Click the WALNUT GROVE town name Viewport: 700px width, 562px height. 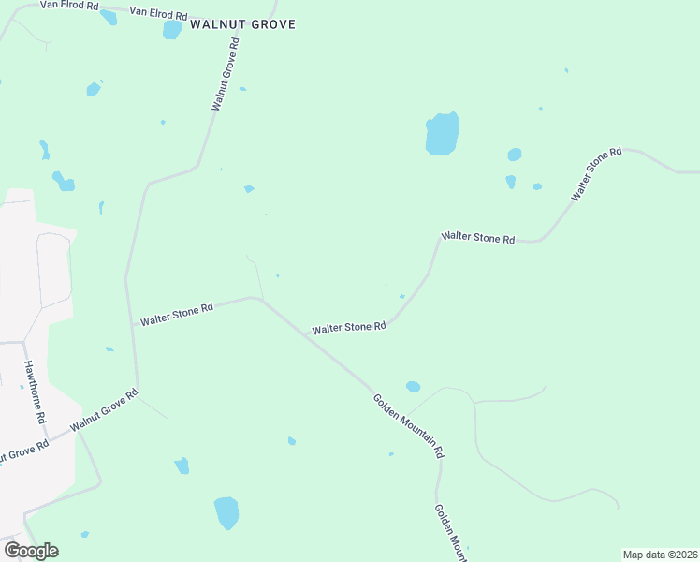coord(242,24)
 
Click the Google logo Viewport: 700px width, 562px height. coord(31,551)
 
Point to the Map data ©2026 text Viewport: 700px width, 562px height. coord(661,555)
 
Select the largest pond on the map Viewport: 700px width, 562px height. coord(443,134)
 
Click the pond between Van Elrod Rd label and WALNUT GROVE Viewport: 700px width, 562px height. coord(172,29)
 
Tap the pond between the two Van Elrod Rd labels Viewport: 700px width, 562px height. coord(109,17)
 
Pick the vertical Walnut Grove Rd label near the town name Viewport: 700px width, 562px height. coord(226,74)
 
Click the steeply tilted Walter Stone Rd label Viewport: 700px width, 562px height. coord(597,173)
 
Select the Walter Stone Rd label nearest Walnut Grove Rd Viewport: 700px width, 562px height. coord(177,314)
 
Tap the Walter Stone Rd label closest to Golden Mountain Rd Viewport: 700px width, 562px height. coord(349,328)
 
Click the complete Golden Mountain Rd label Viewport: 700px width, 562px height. coord(408,425)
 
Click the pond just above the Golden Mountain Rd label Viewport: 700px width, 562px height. coord(413,386)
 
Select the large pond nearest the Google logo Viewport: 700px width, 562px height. coord(226,512)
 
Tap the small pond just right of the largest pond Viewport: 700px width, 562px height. coord(515,155)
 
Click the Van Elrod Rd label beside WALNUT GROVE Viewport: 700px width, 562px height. coord(158,15)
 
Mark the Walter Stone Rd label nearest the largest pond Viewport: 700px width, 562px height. coord(478,239)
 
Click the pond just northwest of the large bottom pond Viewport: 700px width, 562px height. coord(182,466)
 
